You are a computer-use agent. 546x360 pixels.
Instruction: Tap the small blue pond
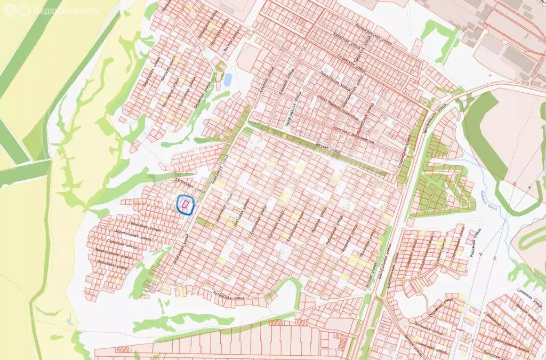(228, 80)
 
